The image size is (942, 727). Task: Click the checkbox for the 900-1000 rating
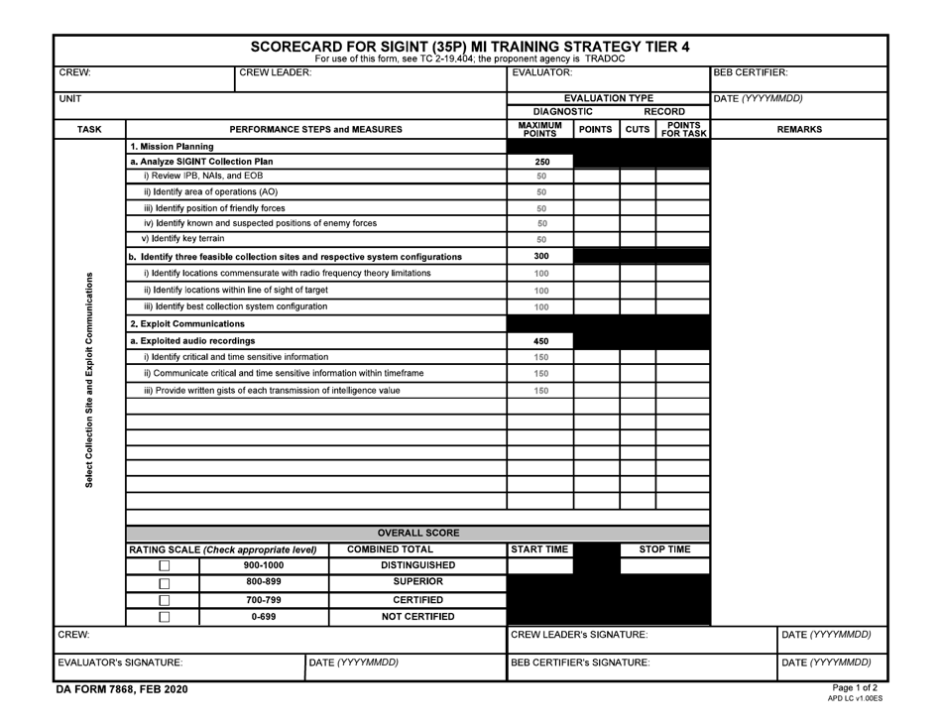tap(165, 566)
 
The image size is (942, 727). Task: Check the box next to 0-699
tap(165, 617)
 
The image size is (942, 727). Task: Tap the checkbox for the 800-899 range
tap(165, 583)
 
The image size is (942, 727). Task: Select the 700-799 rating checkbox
tap(165, 600)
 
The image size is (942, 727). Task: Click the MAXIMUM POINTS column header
tap(540, 130)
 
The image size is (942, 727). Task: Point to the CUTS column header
tap(638, 130)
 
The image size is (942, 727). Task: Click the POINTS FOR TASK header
tap(683, 130)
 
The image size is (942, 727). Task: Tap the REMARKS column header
tap(799, 130)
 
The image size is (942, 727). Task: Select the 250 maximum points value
tap(541, 162)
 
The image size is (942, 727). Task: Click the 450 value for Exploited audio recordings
tap(541, 341)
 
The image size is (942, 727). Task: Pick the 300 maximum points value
tap(541, 257)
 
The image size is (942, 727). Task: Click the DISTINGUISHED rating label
tap(417, 565)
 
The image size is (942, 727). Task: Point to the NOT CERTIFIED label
tap(417, 617)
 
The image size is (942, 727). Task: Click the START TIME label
tap(540, 549)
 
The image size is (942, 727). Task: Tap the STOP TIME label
tap(664, 549)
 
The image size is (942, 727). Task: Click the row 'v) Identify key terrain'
tap(183, 239)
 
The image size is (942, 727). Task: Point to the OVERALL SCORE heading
tap(417, 533)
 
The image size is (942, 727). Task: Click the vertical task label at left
tap(89, 380)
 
